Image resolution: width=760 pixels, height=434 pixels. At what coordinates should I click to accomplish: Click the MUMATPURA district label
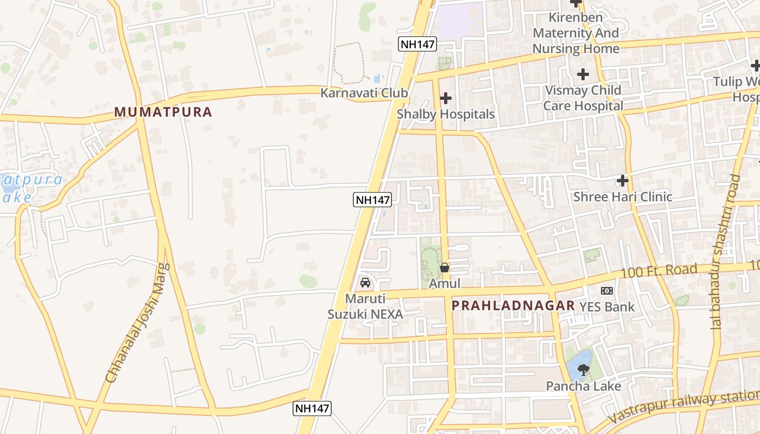[163, 112]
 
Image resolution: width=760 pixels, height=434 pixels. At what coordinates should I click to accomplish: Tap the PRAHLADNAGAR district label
[513, 305]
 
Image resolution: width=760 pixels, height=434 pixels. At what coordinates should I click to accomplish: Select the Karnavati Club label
[364, 93]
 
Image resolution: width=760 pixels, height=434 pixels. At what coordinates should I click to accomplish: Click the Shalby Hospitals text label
[446, 114]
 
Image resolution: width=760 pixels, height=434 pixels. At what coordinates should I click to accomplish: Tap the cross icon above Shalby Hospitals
[446, 98]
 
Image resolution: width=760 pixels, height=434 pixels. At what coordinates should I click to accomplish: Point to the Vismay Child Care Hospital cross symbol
[583, 74]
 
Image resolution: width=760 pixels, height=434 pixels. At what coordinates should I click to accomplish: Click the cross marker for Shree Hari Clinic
[623, 180]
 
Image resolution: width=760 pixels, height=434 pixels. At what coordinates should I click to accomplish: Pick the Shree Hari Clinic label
[623, 196]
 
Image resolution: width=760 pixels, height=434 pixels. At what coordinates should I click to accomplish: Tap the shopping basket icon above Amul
[445, 267]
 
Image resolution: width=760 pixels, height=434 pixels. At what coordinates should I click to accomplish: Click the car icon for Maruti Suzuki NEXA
[365, 283]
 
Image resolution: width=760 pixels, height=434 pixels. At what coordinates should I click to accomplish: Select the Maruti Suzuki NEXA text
[365, 307]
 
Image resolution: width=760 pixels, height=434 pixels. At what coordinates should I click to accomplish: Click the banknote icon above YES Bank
[607, 291]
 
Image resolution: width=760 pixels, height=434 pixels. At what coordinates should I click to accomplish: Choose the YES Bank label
[607, 307]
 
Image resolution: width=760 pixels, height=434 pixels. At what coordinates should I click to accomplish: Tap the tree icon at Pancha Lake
[584, 370]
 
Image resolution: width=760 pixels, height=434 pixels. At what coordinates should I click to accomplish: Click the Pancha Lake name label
[584, 386]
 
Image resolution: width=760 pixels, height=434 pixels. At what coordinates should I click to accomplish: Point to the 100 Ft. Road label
[658, 271]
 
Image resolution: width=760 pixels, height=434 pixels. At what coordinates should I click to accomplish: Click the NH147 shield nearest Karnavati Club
[417, 44]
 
